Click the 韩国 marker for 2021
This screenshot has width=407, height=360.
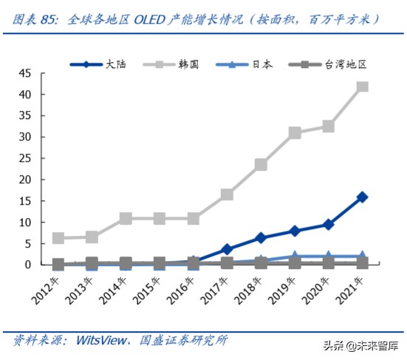point(362,86)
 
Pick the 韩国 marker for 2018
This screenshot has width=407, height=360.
point(261,164)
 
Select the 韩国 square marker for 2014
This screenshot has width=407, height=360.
point(126,218)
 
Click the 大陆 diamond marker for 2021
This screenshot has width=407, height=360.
point(362,197)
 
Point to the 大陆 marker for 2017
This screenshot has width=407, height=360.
point(228,249)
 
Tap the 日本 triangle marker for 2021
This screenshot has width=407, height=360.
point(362,256)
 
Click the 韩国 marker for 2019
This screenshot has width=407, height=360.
point(295,133)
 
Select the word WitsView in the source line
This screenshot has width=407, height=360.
point(99,339)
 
